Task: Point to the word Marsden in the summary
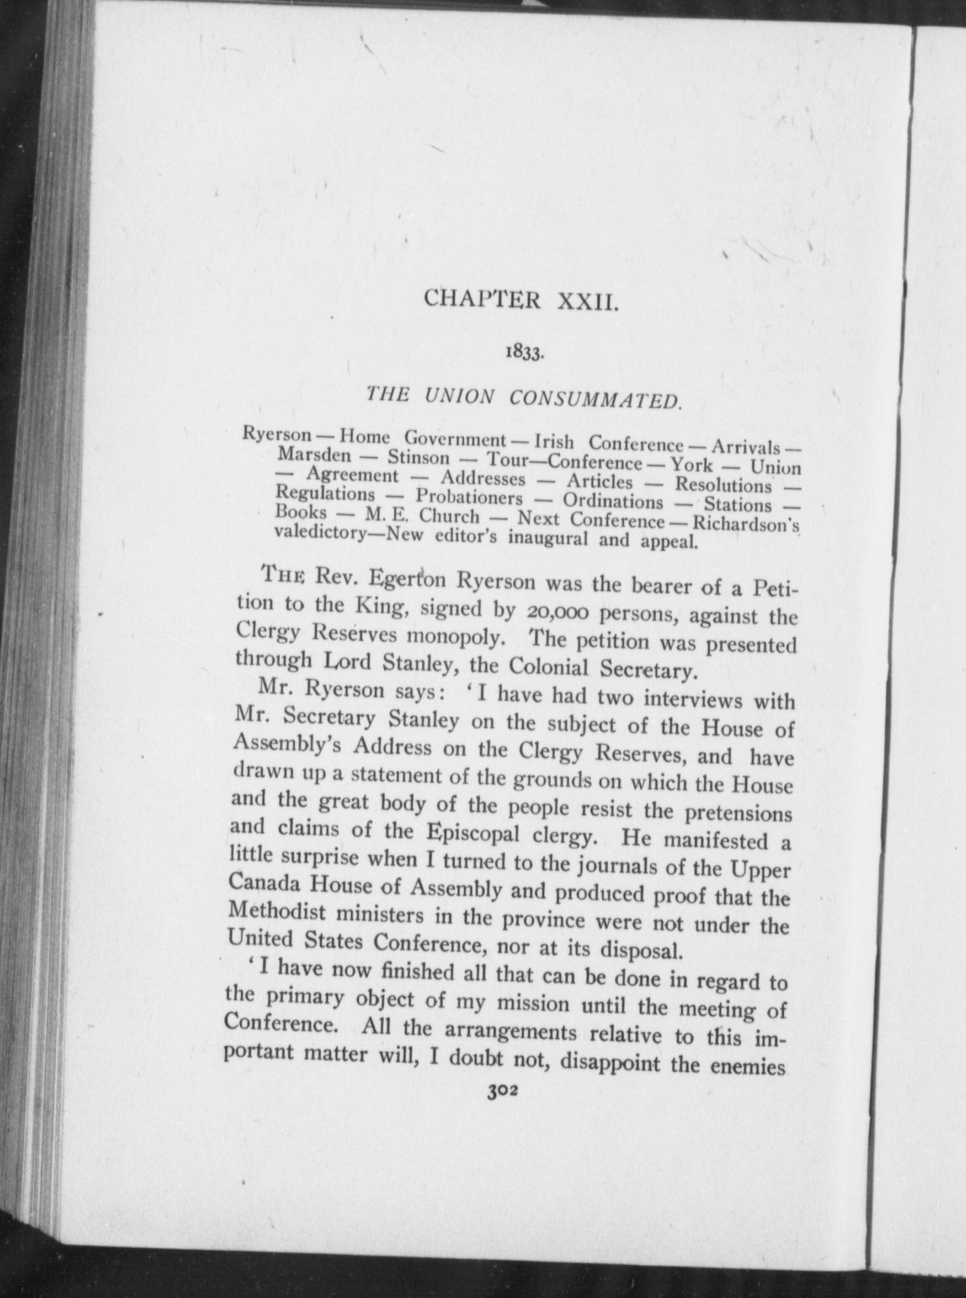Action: point(314,453)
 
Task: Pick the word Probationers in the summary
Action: point(469,497)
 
